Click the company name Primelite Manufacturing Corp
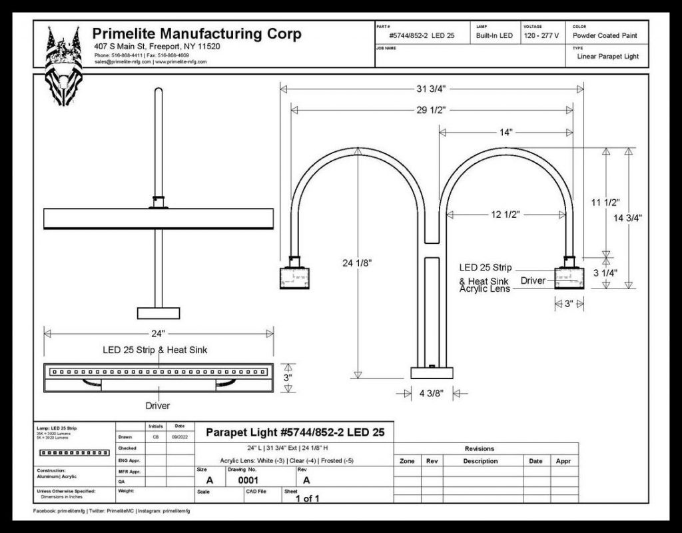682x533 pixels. pos(196,34)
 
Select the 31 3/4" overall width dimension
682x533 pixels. pos(431,88)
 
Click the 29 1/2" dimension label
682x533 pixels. pos(431,109)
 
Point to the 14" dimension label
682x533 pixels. pos(506,132)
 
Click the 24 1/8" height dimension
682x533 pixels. pos(358,263)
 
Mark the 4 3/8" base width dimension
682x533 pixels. pos(432,394)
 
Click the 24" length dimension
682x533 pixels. pos(158,333)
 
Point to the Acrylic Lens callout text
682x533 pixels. pos(484,288)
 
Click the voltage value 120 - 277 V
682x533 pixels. pos(541,35)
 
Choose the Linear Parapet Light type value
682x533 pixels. pos(607,57)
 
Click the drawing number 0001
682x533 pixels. pos(248,480)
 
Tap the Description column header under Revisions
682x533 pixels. pos(480,461)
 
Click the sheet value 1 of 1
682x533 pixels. pos(308,498)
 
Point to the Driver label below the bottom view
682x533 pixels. pos(158,405)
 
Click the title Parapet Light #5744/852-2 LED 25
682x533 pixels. pos(295,432)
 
